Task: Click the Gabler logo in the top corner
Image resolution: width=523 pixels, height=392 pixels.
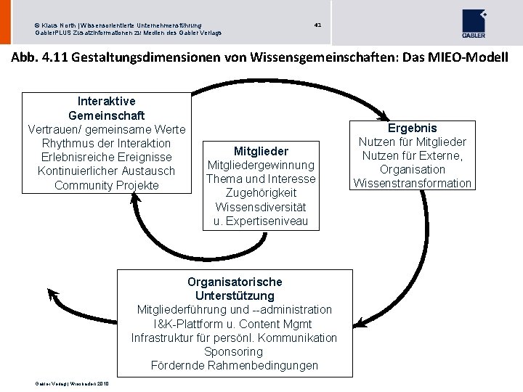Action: pos(474,24)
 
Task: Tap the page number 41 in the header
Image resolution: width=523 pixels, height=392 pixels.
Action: pos(317,25)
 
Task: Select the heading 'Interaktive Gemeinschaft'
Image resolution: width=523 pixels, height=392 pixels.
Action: pos(106,108)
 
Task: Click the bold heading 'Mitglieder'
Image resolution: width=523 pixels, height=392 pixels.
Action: pos(261,151)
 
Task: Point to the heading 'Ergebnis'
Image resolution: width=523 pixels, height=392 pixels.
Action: pos(413,128)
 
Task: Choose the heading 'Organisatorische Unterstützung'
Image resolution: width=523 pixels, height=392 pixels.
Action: pos(235,288)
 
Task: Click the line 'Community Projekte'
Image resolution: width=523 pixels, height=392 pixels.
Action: pos(106,185)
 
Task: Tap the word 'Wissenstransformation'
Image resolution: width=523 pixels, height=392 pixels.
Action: pos(413,183)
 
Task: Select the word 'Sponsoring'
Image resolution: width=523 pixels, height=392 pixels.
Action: pos(233,351)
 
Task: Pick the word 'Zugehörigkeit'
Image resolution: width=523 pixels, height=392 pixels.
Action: pos(261,193)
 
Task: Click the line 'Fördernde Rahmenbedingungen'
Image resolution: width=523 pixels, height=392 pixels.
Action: pos(235,365)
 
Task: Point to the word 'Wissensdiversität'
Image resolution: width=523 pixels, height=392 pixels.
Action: pos(261,207)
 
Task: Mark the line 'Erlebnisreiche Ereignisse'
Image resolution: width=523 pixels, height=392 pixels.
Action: pos(106,157)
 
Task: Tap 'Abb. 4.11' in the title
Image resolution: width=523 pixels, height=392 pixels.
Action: pos(37,57)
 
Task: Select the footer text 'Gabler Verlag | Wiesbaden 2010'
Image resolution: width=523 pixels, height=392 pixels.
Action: pos(71,384)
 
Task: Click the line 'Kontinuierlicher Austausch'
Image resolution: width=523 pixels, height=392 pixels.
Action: pos(106,171)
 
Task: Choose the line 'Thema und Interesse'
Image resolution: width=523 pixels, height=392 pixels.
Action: pos(261,179)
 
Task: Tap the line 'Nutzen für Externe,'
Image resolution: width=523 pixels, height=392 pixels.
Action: pos(413,155)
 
